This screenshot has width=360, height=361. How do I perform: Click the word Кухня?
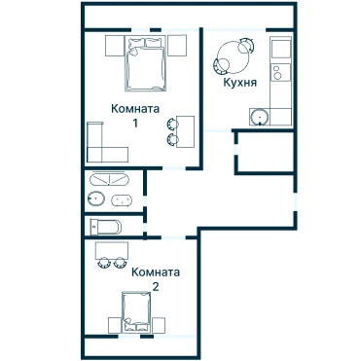239,83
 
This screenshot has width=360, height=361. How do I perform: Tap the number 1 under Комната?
134,123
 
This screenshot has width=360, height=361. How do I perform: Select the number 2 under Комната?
156,287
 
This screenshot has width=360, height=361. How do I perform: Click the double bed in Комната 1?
145,63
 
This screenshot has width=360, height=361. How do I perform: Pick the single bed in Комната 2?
136,312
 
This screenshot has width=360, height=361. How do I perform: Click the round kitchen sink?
260,118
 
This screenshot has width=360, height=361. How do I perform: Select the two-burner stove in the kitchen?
281,72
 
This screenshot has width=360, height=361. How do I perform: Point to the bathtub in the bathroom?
109,179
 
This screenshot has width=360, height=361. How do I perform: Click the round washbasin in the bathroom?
96,198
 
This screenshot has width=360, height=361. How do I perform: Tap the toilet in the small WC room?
106,227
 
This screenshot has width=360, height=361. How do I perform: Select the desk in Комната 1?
185,131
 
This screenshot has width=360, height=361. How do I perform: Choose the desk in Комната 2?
112,250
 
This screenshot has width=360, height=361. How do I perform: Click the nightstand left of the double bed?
115,46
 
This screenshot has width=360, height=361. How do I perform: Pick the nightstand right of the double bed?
177,46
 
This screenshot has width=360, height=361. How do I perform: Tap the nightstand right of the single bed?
159,325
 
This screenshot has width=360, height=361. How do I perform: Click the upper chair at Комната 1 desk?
172,124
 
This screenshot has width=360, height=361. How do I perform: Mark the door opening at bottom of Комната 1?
173,168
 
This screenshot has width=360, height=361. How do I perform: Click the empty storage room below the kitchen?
266,152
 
